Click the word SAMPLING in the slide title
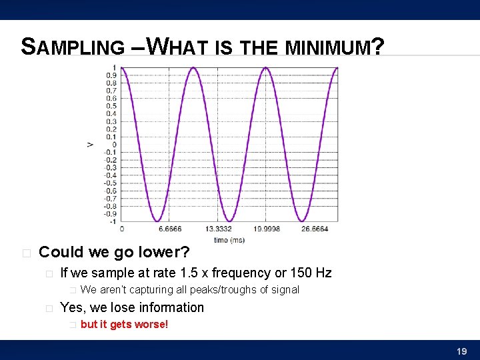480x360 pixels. pyautogui.click(x=73, y=47)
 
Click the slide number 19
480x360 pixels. pyautogui.click(x=461, y=351)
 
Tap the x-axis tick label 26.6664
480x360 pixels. pyautogui.click(x=313, y=229)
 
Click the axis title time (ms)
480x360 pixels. pyautogui.click(x=229, y=239)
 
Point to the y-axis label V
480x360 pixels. pyautogui.click(x=90, y=144)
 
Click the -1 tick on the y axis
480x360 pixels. pyautogui.click(x=113, y=221)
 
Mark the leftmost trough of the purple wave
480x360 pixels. pyautogui.click(x=157, y=220)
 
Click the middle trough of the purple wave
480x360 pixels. pyautogui.click(x=229, y=220)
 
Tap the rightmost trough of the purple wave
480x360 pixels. pyautogui.click(x=301, y=220)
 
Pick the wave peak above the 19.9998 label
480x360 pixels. pyautogui.click(x=265, y=68)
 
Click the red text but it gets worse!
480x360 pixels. pyautogui.click(x=124, y=325)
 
